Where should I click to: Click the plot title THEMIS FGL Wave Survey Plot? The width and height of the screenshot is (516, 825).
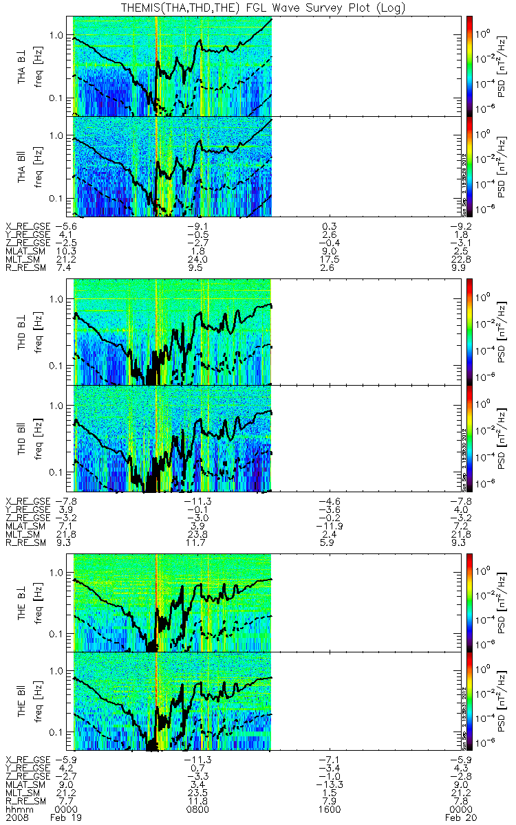(x=259, y=8)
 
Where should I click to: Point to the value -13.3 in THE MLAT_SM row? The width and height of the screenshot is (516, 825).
(x=329, y=784)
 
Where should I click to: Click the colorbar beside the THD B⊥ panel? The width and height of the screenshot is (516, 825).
(x=471, y=330)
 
